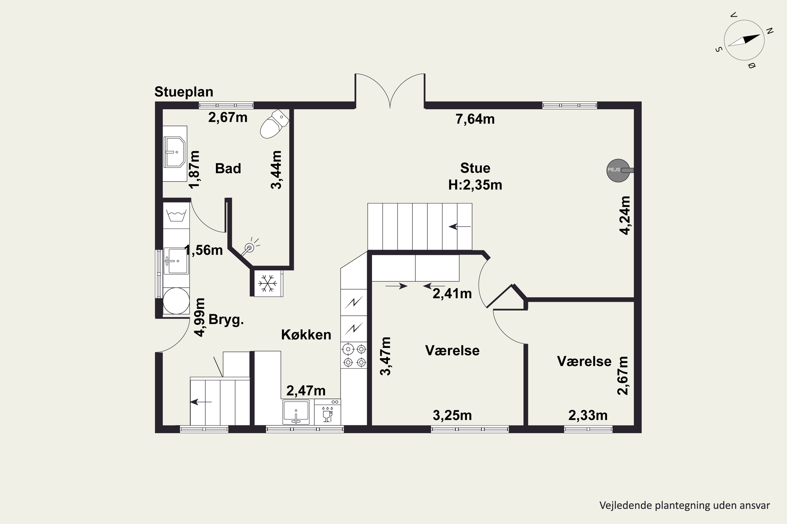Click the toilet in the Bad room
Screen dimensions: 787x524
click(274, 124)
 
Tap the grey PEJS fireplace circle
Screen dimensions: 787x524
click(618, 171)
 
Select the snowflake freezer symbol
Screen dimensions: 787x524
click(267, 283)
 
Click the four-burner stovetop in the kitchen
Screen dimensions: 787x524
click(354, 355)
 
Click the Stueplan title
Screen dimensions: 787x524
click(184, 92)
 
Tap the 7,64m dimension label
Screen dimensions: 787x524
click(475, 119)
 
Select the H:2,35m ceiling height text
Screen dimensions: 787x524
click(475, 185)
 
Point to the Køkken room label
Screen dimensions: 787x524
click(306, 335)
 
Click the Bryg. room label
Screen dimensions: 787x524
click(226, 320)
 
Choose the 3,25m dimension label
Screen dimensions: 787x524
click(452, 415)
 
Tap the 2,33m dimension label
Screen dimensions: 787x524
click(588, 415)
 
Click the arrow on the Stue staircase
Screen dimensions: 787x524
click(460, 227)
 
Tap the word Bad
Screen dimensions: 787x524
click(228, 168)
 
